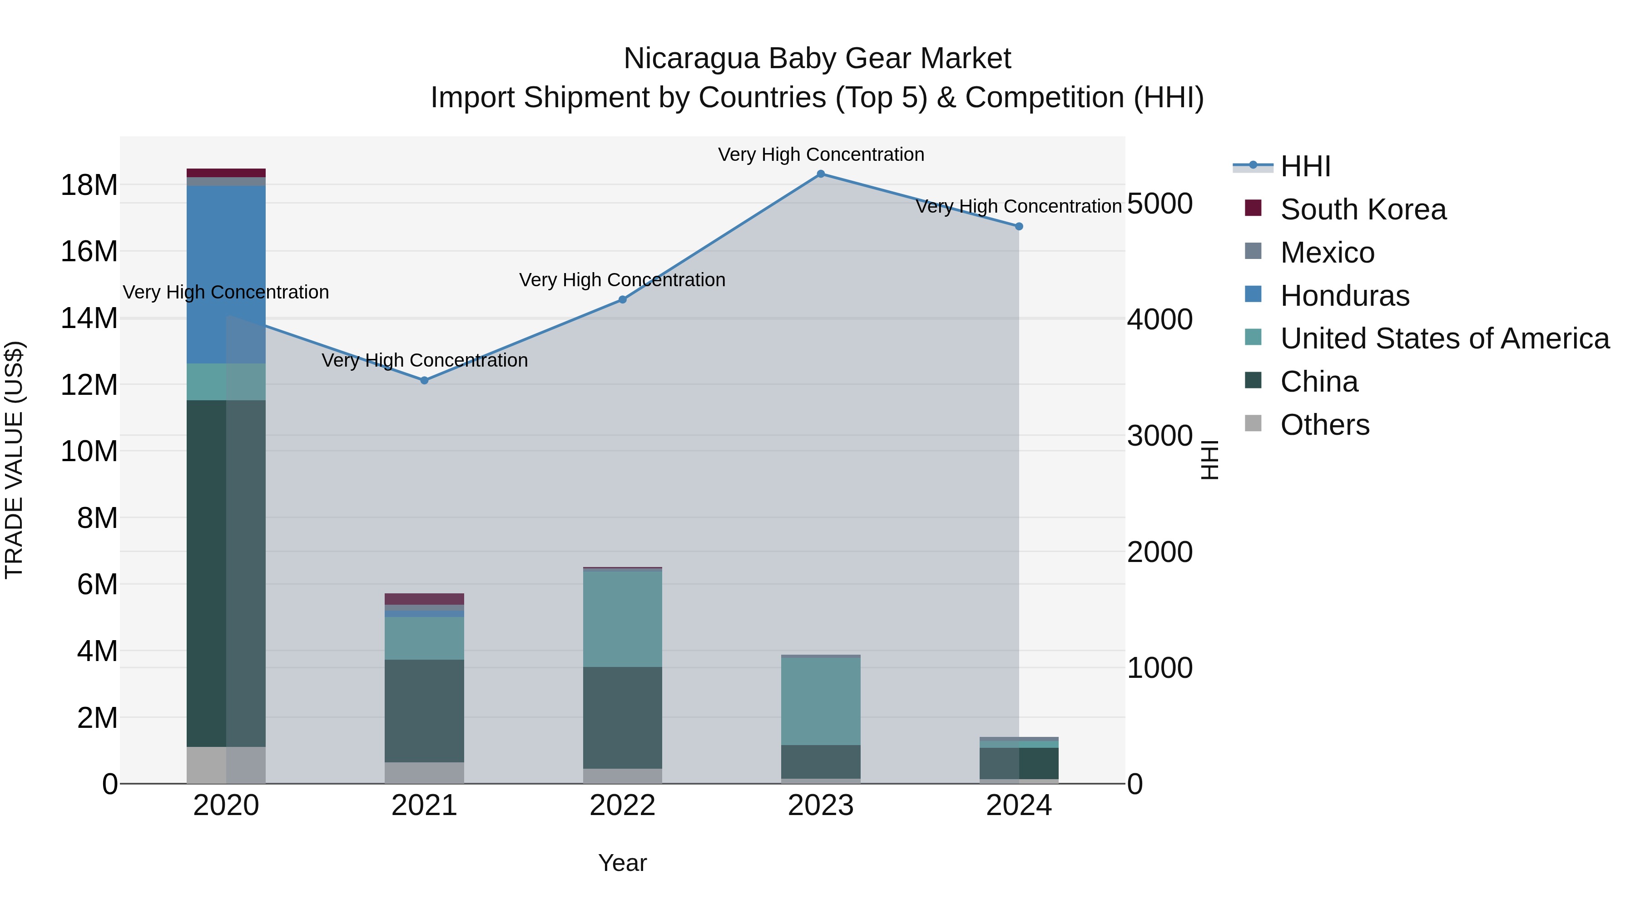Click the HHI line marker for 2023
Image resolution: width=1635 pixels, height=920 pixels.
pyautogui.click(x=821, y=174)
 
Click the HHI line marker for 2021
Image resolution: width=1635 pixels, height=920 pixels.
pyautogui.click(x=425, y=380)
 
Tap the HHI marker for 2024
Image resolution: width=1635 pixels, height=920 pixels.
pyautogui.click(x=1019, y=227)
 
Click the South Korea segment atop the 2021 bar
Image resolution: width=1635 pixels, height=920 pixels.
pyautogui.click(x=425, y=599)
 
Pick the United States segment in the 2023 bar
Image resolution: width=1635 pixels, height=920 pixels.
pyautogui.click(x=821, y=701)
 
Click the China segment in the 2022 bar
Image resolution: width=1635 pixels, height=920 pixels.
pyautogui.click(x=623, y=717)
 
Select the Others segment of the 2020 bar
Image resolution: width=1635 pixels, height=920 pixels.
pyautogui.click(x=226, y=765)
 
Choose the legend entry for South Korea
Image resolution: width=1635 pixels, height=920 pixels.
pyautogui.click(x=1362, y=209)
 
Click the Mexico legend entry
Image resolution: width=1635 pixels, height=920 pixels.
pyautogui.click(x=1327, y=253)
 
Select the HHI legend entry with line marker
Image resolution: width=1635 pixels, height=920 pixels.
pyautogui.click(x=1305, y=166)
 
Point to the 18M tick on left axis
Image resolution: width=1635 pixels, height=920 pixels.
pyautogui.click(x=89, y=185)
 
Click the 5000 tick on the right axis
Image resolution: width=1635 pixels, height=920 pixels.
pyautogui.click(x=1159, y=204)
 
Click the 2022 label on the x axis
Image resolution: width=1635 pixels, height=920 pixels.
pyautogui.click(x=623, y=806)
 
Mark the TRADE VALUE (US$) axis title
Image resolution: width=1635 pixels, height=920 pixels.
pyautogui.click(x=14, y=460)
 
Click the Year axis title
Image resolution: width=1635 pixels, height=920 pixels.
pyautogui.click(x=623, y=863)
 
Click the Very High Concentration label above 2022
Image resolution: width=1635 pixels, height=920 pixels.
pyautogui.click(x=622, y=280)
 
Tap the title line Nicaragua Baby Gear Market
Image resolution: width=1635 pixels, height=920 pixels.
pyautogui.click(x=817, y=59)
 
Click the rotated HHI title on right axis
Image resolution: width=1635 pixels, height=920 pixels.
pyautogui.click(x=1210, y=460)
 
